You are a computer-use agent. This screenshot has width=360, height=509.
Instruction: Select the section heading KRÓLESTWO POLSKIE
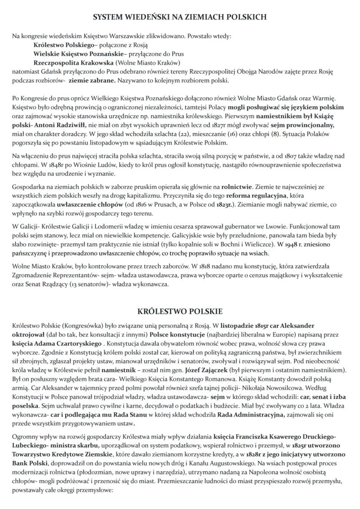coord(180,311)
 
